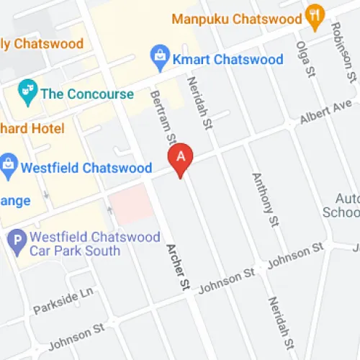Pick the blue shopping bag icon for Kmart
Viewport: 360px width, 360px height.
[158, 55]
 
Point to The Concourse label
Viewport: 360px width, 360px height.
[87, 94]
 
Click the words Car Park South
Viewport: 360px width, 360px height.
[76, 250]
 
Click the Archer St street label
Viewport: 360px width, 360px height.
[177, 266]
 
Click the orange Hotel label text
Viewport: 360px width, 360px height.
[32, 129]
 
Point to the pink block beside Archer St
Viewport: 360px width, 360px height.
[132, 207]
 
